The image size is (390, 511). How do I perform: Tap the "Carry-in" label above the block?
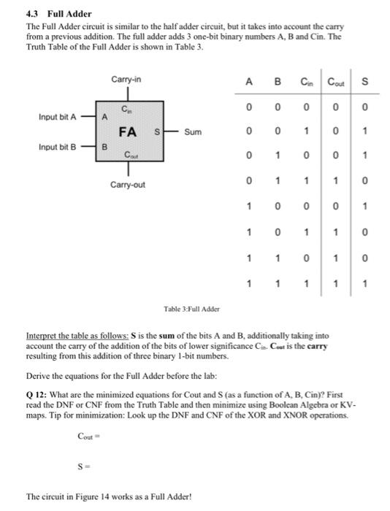(x=127, y=77)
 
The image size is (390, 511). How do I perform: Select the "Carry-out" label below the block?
(x=128, y=185)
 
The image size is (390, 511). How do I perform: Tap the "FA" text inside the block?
(x=128, y=132)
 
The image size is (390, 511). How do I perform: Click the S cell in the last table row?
(x=364, y=283)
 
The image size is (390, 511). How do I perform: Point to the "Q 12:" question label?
(x=36, y=387)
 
